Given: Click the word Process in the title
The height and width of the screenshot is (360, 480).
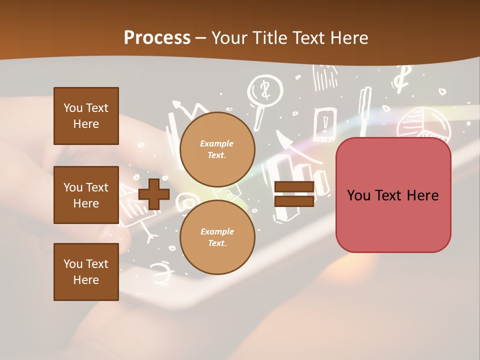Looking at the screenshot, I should click(157, 38).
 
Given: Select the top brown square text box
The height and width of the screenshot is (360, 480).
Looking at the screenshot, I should click(86, 116).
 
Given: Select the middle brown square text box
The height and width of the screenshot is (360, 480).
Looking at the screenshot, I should click(86, 195).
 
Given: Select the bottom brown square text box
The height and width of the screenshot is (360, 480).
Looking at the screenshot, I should click(86, 272).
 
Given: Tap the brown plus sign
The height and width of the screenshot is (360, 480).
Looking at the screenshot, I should click(154, 194).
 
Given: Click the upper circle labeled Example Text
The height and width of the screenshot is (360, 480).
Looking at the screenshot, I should click(217, 149).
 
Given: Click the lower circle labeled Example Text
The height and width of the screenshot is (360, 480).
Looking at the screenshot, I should click(217, 237).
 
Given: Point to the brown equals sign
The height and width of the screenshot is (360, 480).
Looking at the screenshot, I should click(294, 194).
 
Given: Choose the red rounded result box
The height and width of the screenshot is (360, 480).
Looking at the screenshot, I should click(393, 195).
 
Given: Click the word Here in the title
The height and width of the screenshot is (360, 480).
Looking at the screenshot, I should click(348, 38).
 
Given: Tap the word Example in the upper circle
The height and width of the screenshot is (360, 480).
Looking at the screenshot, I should click(217, 143).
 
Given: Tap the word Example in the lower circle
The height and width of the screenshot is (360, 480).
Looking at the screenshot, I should click(217, 231).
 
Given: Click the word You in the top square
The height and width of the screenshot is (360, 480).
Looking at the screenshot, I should click(73, 108).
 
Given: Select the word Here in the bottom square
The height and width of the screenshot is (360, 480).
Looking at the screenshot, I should click(86, 280).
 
